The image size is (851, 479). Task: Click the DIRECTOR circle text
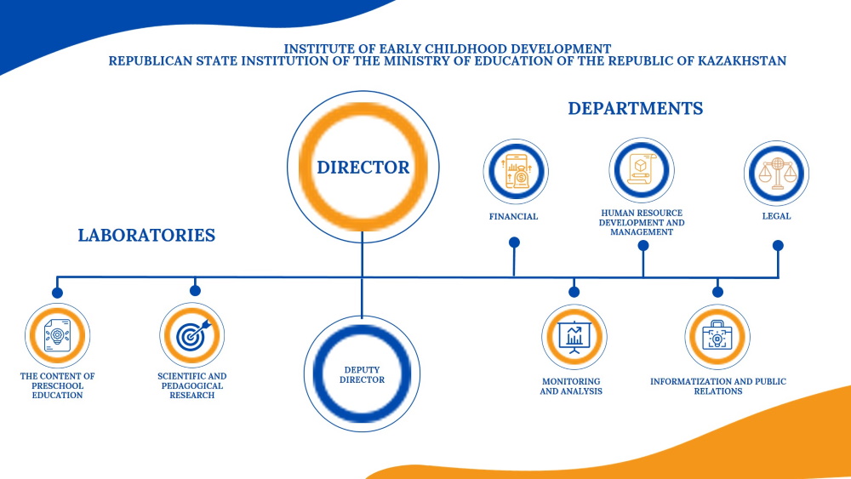pos(363,168)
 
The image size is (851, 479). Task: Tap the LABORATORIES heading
pos(146,235)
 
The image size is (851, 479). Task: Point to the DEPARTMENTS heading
pos(636,108)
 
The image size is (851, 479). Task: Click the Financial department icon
pos(515,171)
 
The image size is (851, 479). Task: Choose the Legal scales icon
pos(776,171)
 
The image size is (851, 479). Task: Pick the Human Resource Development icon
pos(642,169)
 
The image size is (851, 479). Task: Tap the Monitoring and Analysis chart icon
pos(574,337)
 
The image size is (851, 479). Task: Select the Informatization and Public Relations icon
pos(717,337)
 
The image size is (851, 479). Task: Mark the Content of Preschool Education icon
pos(57,336)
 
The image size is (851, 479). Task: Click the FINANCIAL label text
pos(513,216)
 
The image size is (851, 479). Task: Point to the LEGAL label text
pos(776,216)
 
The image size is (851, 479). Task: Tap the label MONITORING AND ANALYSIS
pos(570,386)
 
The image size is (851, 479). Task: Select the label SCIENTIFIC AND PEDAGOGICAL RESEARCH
pos(192,385)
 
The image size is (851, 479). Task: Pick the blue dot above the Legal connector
pos(778,246)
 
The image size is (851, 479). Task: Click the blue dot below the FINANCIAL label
pos(514,242)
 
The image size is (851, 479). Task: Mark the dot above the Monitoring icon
pos(574,292)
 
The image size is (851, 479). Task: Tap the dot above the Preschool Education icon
pos(57,293)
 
